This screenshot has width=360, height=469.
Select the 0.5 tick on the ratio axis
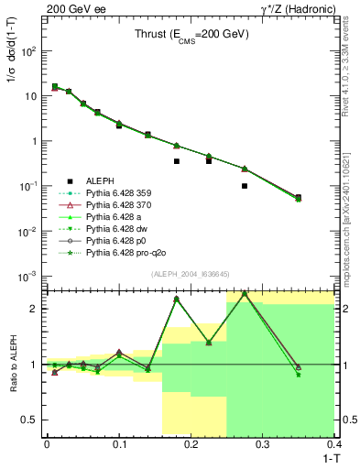point(47,420)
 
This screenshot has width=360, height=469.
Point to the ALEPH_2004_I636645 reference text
point(191,276)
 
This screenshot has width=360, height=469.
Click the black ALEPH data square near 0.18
point(177,161)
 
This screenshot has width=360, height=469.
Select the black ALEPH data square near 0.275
point(245,186)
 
